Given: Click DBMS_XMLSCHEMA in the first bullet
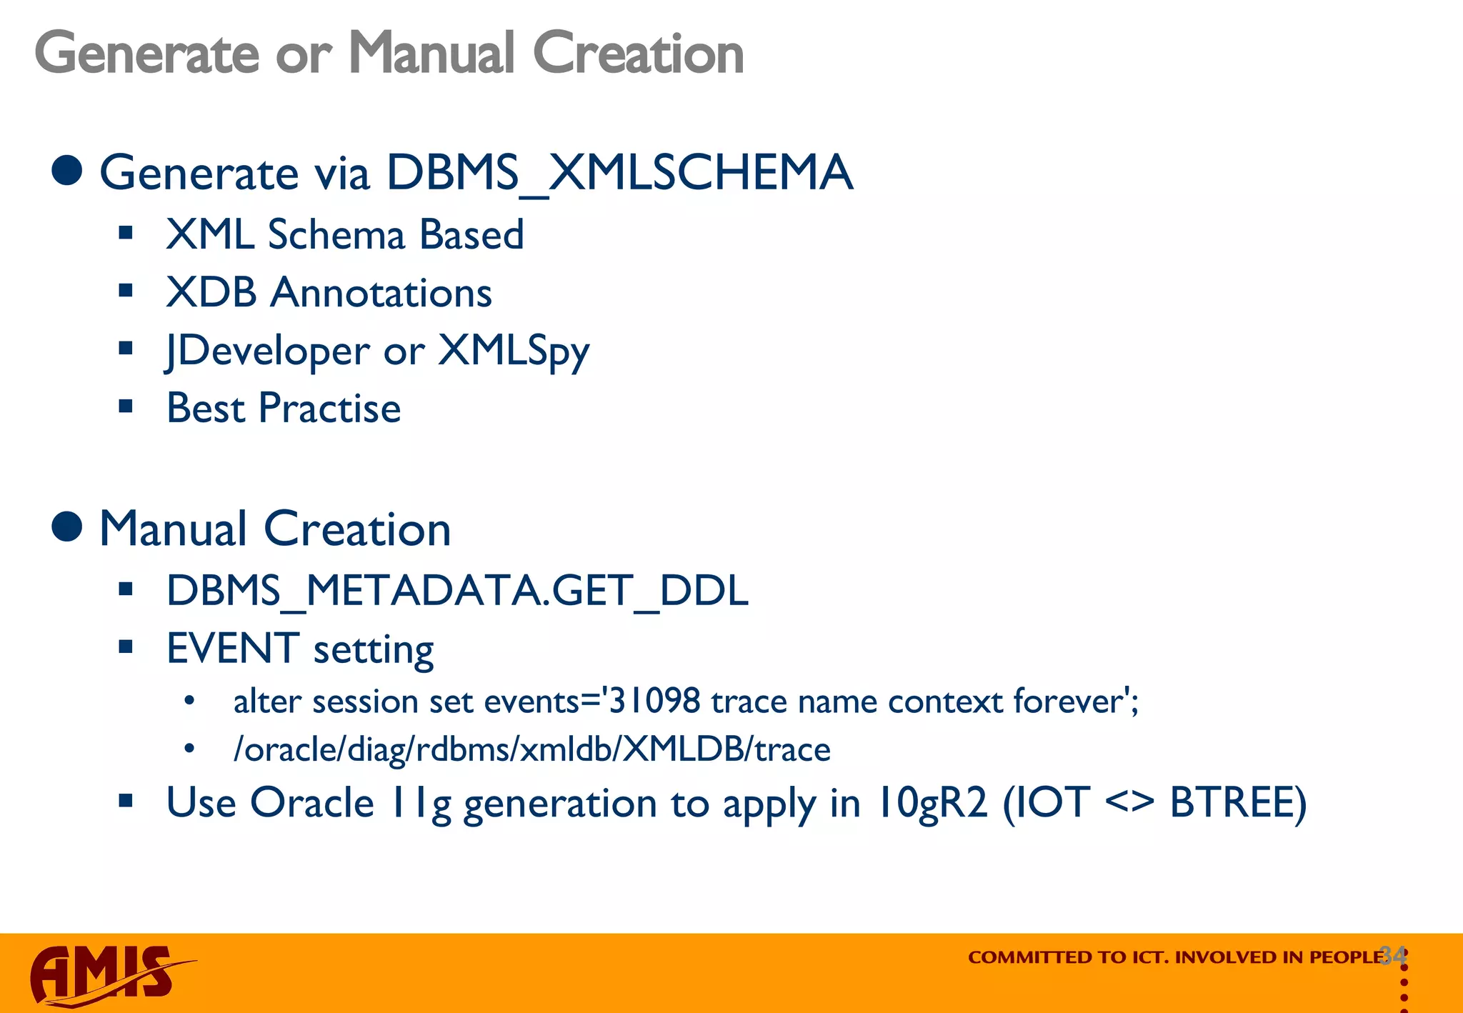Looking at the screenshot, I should pyautogui.click(x=619, y=173).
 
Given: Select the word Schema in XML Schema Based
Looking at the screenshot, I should pyautogui.click(x=336, y=235).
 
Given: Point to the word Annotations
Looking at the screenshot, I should pyautogui.click(x=381, y=293).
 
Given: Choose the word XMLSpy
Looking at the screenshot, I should pyautogui.click(x=513, y=351).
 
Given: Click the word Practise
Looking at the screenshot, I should pyautogui.click(x=329, y=409).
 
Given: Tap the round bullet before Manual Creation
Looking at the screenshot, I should pyautogui.click(x=67, y=527).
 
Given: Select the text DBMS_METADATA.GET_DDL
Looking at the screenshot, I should pyautogui.click(x=457, y=591).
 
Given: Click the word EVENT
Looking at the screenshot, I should pyautogui.click(x=233, y=649).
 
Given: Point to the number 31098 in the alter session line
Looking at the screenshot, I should pyautogui.click(x=654, y=702).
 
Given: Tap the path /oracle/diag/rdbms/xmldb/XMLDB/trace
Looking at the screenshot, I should pyautogui.click(x=531, y=749).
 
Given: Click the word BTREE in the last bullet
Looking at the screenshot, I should pyautogui.click(x=1237, y=802).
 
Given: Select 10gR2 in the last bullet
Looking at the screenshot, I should pyautogui.click(x=932, y=802).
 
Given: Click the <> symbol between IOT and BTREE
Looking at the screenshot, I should pyautogui.click(x=1129, y=802).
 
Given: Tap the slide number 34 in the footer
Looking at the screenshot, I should pyautogui.click(x=1393, y=954).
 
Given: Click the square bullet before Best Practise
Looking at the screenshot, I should pyautogui.click(x=126, y=407).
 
